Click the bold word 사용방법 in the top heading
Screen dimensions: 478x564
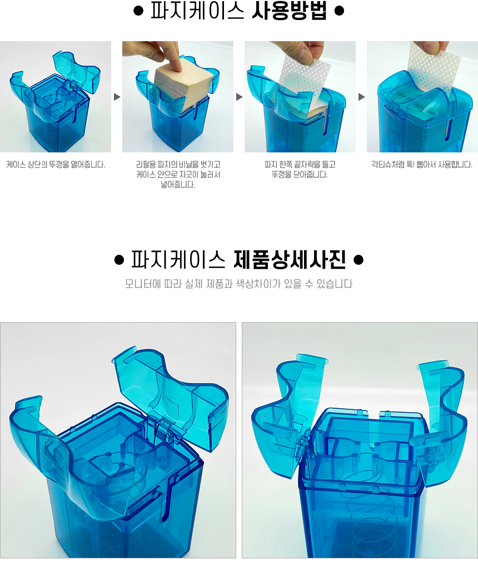(289, 11)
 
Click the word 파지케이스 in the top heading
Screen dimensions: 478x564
(197, 11)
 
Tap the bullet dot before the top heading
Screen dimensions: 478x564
(138, 11)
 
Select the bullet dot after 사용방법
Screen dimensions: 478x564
(339, 11)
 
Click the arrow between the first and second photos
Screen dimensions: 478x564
(117, 97)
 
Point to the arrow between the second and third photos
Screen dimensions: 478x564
(240, 97)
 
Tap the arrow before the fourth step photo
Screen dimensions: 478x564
(361, 97)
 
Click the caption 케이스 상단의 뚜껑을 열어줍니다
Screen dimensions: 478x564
(56, 165)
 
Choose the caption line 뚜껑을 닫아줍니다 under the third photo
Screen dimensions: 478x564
(300, 175)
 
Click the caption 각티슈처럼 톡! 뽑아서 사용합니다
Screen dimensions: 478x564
(422, 165)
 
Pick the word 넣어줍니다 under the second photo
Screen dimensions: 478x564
(178, 185)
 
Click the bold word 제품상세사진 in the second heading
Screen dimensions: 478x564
(290, 259)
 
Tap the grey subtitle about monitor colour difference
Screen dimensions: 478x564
(238, 284)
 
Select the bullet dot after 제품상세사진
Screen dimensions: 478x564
(359, 260)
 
